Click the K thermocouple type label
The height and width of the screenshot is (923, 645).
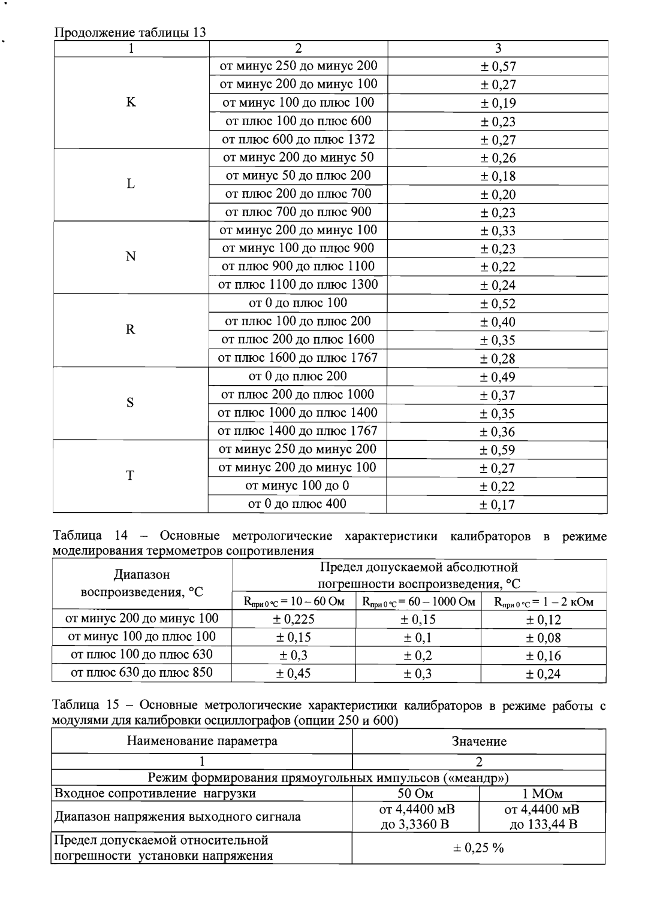point(131,102)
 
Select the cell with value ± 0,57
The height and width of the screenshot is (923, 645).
point(498,66)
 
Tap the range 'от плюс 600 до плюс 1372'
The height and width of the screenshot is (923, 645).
point(298,140)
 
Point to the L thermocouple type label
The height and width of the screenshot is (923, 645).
point(130,184)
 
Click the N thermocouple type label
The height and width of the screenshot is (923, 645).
point(130,257)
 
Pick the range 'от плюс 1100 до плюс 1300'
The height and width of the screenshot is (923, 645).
point(298,285)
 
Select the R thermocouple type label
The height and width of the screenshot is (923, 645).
point(130,330)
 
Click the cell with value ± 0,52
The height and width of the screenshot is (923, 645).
point(498,304)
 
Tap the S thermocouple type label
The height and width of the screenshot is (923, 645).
point(130,403)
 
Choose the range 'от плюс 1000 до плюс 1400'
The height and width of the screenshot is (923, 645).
point(298,413)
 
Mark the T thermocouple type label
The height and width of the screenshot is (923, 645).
point(129,476)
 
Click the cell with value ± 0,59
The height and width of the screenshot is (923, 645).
point(498,450)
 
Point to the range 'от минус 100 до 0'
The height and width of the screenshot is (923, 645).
point(297,486)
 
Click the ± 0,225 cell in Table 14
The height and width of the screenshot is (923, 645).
point(294,619)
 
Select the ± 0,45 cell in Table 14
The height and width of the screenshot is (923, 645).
point(294,674)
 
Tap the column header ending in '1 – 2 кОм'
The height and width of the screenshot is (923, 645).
point(543,602)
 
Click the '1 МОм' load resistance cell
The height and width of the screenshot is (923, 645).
point(542,794)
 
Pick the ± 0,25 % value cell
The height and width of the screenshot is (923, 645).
point(479,848)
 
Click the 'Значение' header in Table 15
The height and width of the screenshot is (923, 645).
point(479,742)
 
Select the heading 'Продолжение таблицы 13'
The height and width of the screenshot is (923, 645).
point(130,32)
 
